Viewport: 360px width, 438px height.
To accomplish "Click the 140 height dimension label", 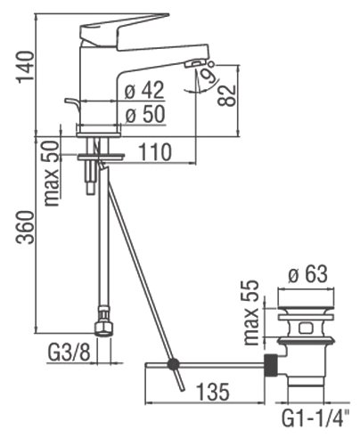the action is (x=25, y=68).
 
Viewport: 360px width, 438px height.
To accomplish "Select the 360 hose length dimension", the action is (x=25, y=227).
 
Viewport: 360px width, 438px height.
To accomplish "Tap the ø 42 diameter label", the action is (x=144, y=90).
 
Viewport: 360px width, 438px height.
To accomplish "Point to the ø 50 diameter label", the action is (x=145, y=115).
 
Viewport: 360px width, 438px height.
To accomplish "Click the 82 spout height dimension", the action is (x=227, y=95).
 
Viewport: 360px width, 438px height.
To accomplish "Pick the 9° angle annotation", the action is (x=209, y=72).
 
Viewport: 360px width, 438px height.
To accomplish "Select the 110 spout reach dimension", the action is (x=155, y=152).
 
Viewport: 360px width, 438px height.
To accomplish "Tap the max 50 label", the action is (x=52, y=173).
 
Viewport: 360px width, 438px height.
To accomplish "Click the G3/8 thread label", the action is (x=69, y=353).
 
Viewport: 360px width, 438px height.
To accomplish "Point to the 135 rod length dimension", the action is (x=213, y=391).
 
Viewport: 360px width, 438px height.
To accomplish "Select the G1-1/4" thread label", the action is (x=315, y=418).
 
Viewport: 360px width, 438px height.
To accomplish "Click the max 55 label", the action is (x=251, y=312).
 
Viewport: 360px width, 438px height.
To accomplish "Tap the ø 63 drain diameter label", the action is (x=307, y=274).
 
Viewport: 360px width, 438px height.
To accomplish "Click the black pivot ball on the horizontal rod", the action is (x=173, y=363).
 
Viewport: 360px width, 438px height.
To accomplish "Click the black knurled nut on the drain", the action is (x=271, y=365).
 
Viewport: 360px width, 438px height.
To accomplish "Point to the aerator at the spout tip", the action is (x=194, y=63).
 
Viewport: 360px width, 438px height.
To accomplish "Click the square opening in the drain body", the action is (x=306, y=328).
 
